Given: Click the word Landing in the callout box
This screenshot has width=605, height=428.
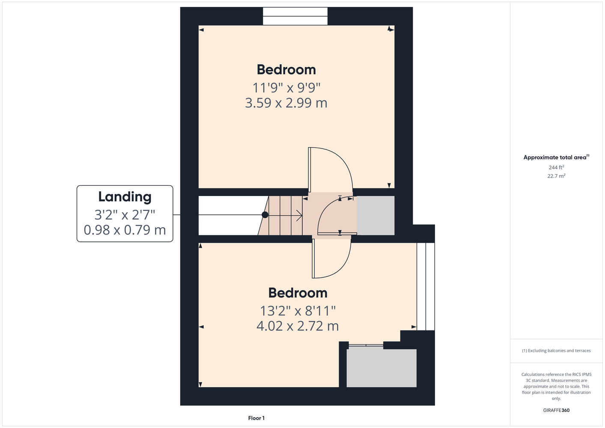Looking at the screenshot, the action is (125, 197).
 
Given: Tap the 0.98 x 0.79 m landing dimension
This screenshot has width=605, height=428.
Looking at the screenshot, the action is (125, 230).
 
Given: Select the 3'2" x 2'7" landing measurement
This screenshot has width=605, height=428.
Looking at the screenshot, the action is (125, 215).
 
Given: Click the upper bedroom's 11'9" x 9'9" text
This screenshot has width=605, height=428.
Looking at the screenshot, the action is (286, 88).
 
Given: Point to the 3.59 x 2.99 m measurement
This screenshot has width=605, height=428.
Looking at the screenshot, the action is (286, 103).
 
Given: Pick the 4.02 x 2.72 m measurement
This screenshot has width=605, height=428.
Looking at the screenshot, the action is (298, 326).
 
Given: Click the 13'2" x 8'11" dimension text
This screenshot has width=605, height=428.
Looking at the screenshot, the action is (298, 311).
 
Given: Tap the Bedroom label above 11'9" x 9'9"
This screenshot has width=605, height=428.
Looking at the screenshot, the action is (286, 70).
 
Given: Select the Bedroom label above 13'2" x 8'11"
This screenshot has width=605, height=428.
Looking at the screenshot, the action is (298, 293).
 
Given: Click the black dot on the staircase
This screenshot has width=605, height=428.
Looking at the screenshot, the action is (265, 215).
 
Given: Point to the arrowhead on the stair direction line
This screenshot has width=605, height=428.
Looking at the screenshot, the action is (299, 215).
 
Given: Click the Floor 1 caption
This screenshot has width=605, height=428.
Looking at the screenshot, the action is (256, 418).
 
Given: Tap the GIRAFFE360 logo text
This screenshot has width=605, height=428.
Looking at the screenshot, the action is (556, 410).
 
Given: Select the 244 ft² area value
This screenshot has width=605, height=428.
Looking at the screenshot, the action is (556, 167).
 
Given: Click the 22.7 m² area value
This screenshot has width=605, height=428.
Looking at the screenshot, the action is (556, 176).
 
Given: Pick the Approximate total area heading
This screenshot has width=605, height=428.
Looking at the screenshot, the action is (556, 158).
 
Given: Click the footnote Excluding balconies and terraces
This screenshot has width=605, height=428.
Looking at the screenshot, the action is (556, 351).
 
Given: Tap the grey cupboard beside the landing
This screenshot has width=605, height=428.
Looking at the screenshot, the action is (376, 215).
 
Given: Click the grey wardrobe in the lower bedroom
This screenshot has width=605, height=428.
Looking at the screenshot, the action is (381, 368).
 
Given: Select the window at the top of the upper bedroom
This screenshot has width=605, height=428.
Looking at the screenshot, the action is (295, 16).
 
